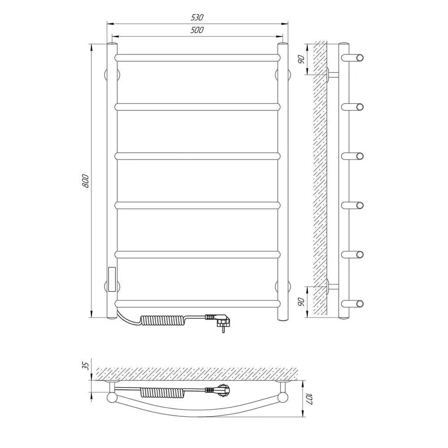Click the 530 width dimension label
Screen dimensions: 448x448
click(197, 17)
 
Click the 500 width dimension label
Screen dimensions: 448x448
click(197, 30)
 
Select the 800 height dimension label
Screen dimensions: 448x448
click(86, 181)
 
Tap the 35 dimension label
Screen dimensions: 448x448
click(86, 366)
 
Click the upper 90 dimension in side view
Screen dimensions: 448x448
click(302, 60)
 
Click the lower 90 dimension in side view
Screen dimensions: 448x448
click(302, 302)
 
